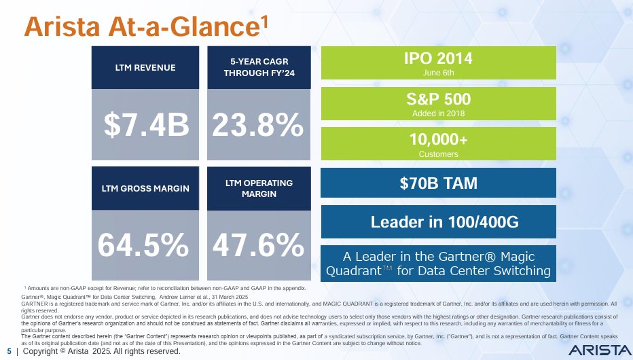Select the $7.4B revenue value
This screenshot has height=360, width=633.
pos(146,125)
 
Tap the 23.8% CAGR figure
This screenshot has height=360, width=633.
pos(258,125)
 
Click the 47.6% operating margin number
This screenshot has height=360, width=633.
pos(258,245)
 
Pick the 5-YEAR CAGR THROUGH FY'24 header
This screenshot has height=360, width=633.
pos(259,67)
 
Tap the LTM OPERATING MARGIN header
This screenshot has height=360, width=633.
pos(259,188)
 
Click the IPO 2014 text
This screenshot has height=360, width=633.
pos(438,58)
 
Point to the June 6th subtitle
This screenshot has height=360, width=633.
pos(438,71)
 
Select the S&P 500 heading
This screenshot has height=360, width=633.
pos(438,98)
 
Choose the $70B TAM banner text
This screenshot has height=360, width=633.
pos(438,183)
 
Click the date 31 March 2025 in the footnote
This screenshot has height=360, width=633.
pos(228,298)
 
